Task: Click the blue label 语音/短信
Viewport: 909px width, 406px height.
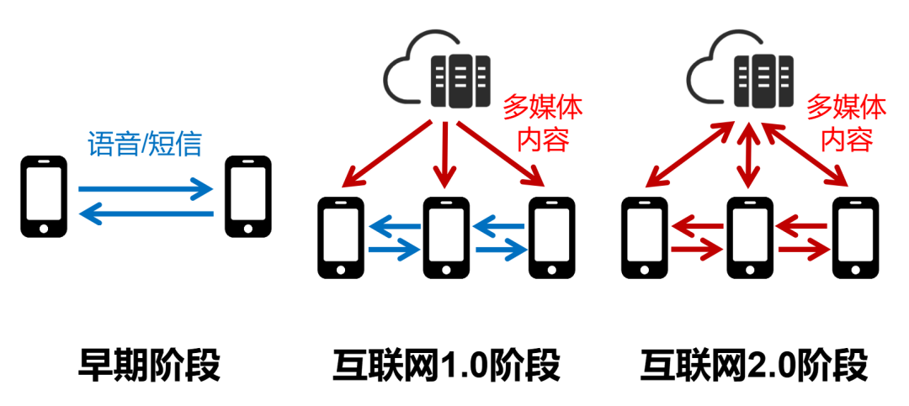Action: [146, 144]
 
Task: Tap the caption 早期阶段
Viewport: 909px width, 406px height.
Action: [149, 366]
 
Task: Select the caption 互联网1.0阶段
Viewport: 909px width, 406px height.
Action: [446, 366]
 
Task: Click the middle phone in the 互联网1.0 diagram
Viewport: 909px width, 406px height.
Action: [446, 237]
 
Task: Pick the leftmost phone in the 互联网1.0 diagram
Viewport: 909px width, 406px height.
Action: [341, 237]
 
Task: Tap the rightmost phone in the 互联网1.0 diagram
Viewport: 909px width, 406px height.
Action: [550, 237]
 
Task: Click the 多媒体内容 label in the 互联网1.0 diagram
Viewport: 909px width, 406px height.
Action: [543, 123]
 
